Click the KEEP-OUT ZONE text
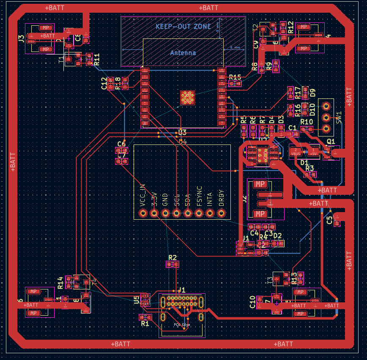[x=183, y=26]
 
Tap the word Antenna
[x=183, y=53]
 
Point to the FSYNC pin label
[x=199, y=196]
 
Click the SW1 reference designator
[x=339, y=117]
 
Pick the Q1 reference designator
[x=331, y=141]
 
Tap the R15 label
[x=235, y=77]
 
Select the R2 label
[x=172, y=257]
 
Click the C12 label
[x=104, y=83]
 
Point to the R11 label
[x=97, y=59]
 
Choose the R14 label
[x=60, y=283]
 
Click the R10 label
[x=307, y=122]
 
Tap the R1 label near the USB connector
[x=145, y=324]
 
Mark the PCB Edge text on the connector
[x=182, y=325]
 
